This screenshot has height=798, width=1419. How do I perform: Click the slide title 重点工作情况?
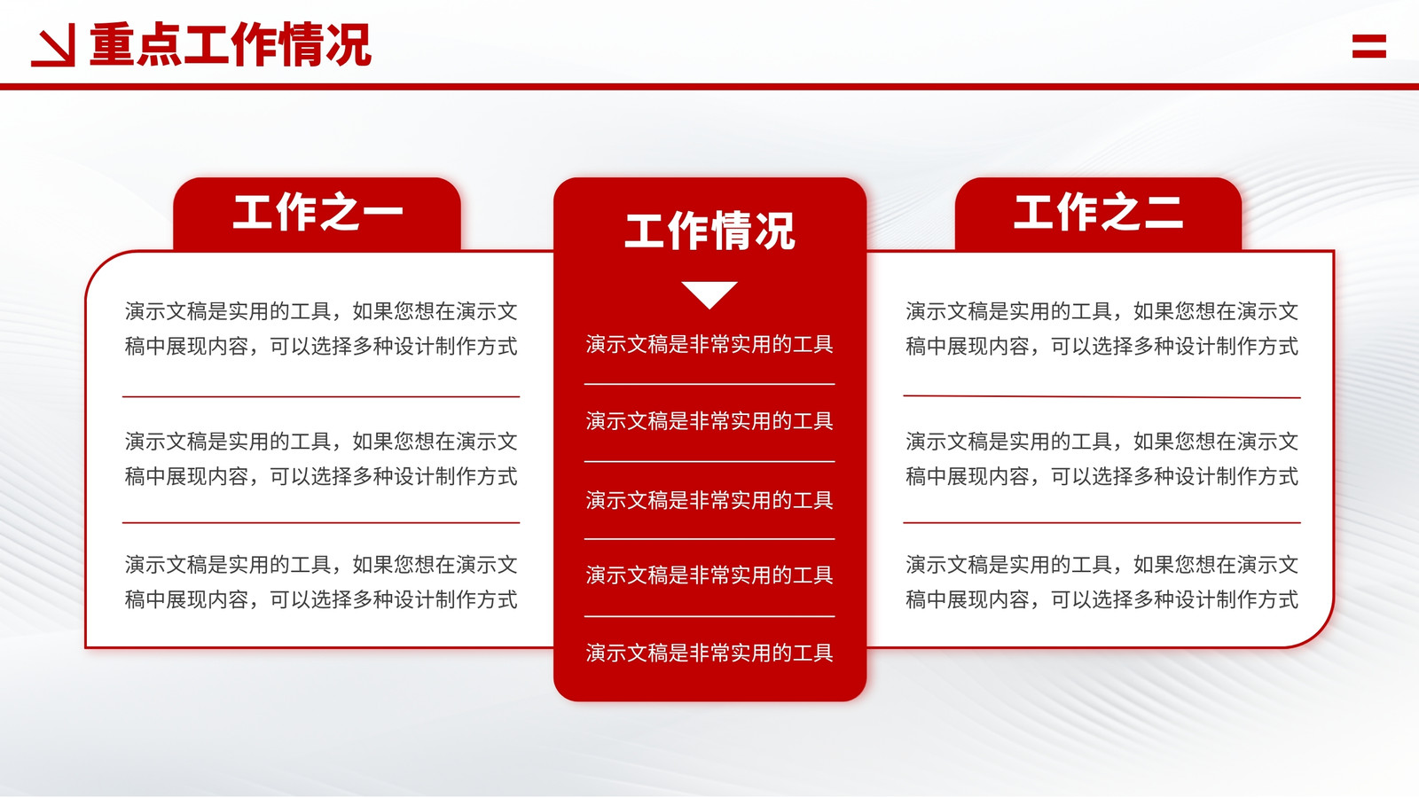tap(230, 44)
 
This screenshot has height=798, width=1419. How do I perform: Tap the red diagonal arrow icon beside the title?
tap(53, 45)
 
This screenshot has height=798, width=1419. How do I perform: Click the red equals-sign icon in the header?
tap(1369, 46)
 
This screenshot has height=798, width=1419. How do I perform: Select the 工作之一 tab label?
tap(318, 212)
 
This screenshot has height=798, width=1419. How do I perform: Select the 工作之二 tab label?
tap(1099, 212)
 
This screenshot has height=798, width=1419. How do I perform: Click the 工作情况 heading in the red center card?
tap(709, 231)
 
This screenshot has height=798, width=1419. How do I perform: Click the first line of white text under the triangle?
tap(709, 345)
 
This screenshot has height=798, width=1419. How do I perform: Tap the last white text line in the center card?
tap(709, 653)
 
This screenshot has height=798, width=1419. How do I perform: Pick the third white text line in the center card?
tap(709, 500)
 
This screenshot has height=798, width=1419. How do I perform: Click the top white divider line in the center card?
tap(709, 384)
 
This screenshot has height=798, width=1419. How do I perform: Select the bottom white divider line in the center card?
tap(709, 616)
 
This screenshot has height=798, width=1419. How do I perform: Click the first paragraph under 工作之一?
tap(321, 329)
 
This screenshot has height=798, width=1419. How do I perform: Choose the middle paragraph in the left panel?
tap(321, 458)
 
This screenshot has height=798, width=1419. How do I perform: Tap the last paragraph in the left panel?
tap(321, 582)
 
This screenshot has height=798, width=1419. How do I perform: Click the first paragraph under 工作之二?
tap(1102, 329)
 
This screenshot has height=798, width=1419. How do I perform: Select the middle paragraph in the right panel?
tap(1102, 458)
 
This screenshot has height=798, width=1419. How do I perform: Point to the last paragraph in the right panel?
tap(1102, 582)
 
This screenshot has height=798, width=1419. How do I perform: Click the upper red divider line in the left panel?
tap(321, 397)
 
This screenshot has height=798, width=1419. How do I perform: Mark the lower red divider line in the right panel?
tap(1102, 523)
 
